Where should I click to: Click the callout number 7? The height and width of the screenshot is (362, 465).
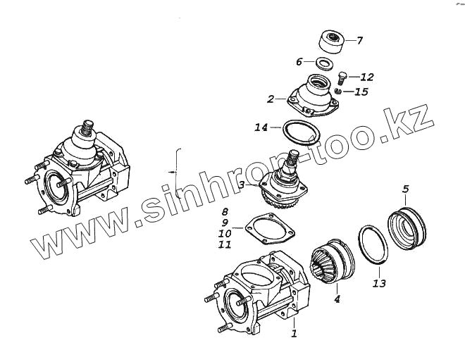click(360, 40)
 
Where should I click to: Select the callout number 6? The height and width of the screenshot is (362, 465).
click(298, 61)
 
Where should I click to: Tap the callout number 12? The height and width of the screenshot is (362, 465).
click(367, 77)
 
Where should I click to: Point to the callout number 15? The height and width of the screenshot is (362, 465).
click(363, 92)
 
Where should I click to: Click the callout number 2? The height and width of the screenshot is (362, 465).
click(271, 100)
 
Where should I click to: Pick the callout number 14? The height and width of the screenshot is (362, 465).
click(261, 128)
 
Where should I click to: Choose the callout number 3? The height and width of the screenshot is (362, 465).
click(242, 185)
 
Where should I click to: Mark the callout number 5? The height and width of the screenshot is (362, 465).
click(405, 188)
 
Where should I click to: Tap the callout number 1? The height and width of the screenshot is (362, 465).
click(294, 333)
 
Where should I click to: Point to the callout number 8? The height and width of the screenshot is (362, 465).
click(225, 211)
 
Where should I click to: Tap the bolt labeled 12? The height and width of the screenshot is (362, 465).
click(343, 75)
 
